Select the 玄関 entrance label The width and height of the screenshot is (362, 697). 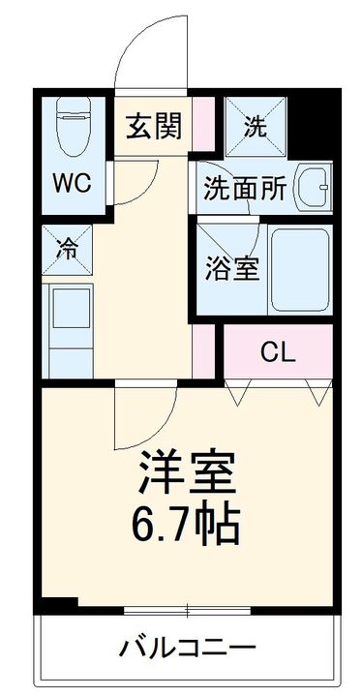pos(154,127)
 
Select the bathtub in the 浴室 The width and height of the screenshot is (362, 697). pos(299,268)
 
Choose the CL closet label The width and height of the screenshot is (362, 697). pos(278,352)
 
